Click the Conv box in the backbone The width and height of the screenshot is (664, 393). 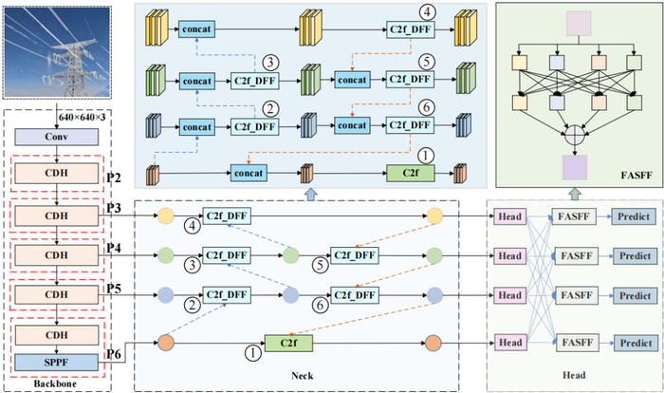click(x=57, y=137)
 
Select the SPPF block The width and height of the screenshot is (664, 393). click(x=57, y=363)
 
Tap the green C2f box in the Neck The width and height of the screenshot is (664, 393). click(x=288, y=343)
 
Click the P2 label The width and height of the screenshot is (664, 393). click(x=114, y=178)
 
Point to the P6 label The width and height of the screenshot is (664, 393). click(x=114, y=353)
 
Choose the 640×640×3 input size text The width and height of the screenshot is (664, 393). click(x=83, y=117)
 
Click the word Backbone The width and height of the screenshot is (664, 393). click(x=55, y=384)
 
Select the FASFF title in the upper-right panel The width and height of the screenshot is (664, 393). click(x=636, y=175)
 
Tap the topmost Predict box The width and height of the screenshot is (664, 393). click(x=633, y=216)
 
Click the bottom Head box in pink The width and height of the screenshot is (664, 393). click(x=510, y=343)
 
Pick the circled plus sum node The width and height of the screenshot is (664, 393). click(x=575, y=135)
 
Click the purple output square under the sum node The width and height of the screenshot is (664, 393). click(x=575, y=167)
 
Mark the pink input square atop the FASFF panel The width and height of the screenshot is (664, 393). click(x=579, y=24)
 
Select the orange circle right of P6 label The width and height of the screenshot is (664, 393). click(x=166, y=343)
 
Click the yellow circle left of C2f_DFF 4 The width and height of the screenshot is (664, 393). click(x=166, y=215)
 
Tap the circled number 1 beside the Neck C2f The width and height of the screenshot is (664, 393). click(x=253, y=353)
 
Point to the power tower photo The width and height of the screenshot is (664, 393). click(x=57, y=52)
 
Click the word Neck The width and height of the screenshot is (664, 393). click(x=303, y=376)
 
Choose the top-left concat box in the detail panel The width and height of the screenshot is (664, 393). click(x=196, y=29)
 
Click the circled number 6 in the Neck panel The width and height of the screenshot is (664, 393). click(x=321, y=305)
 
